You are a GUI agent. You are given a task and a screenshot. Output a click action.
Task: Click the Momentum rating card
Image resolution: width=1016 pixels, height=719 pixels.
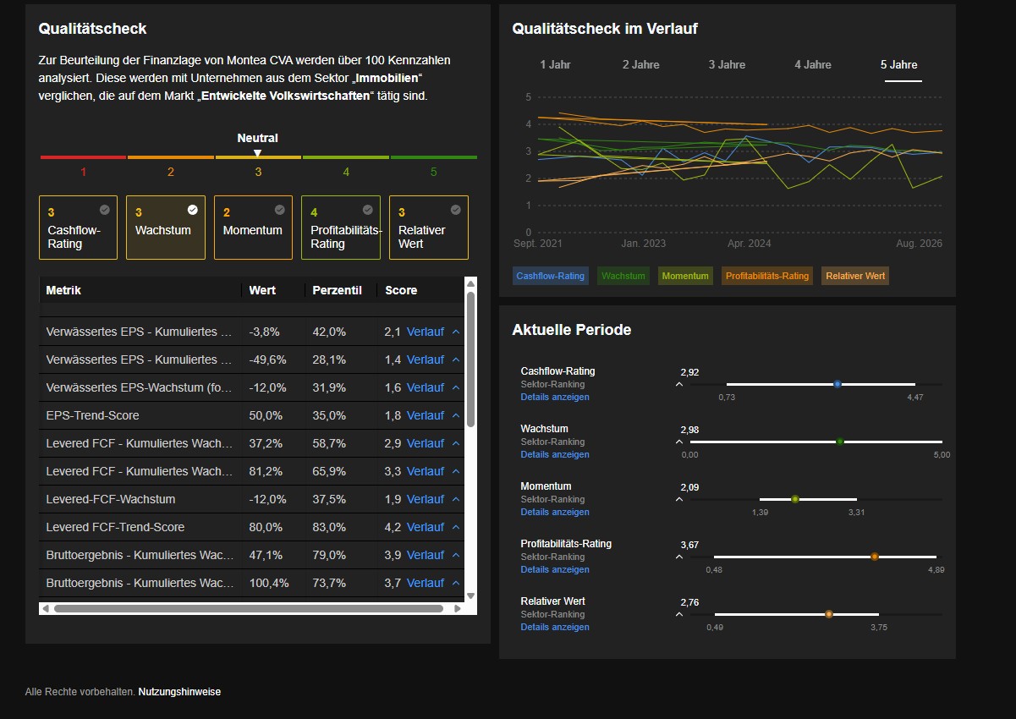pyautogui.click(x=253, y=228)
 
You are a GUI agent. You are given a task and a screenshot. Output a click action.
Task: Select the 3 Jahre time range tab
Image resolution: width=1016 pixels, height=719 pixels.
pyautogui.click(x=727, y=65)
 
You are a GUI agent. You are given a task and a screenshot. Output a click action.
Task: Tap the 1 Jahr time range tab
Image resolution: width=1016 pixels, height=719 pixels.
pyautogui.click(x=555, y=65)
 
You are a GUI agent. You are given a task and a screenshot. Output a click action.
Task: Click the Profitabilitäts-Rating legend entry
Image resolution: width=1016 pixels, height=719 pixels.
pyautogui.click(x=767, y=276)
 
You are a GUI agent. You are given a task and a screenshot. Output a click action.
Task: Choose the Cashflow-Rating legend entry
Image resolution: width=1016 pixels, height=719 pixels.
pyautogui.click(x=550, y=276)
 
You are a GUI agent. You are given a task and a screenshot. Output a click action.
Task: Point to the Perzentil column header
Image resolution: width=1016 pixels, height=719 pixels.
pyautogui.click(x=337, y=290)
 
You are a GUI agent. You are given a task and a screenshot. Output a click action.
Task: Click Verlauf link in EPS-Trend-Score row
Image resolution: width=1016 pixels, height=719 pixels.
pyautogui.click(x=425, y=415)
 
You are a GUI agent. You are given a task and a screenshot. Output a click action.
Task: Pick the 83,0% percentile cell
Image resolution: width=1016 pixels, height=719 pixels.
pyautogui.click(x=329, y=527)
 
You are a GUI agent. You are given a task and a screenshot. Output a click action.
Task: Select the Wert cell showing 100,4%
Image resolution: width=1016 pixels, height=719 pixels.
pyautogui.click(x=269, y=583)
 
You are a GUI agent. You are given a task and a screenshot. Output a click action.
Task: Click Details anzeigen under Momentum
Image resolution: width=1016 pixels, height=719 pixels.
pyautogui.click(x=555, y=512)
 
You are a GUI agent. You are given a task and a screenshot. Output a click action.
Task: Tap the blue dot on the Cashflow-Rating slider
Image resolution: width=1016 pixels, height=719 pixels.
pyautogui.click(x=838, y=384)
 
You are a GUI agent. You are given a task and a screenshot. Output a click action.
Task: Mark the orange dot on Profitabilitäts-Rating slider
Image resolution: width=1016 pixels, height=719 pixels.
pyautogui.click(x=875, y=557)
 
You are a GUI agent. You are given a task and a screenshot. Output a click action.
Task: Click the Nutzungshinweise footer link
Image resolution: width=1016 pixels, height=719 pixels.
pyautogui.click(x=179, y=692)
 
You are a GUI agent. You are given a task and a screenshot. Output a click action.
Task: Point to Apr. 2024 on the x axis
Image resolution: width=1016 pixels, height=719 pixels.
pyautogui.click(x=749, y=244)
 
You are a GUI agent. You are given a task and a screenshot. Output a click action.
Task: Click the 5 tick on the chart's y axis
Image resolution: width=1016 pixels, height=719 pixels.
pyautogui.click(x=528, y=97)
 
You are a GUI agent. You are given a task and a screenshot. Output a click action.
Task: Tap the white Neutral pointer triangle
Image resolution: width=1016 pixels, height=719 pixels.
pyautogui.click(x=257, y=153)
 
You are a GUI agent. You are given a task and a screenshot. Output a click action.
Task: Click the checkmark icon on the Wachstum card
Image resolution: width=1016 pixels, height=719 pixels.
pyautogui.click(x=192, y=210)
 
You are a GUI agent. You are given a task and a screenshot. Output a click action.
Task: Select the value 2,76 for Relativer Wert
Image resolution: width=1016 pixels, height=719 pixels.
pyautogui.click(x=689, y=602)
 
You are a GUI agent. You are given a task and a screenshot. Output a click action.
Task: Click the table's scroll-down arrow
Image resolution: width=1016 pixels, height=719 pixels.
pyautogui.click(x=471, y=596)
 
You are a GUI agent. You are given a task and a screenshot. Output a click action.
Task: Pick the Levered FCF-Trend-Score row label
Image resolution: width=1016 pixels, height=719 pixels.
pyautogui.click(x=115, y=527)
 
